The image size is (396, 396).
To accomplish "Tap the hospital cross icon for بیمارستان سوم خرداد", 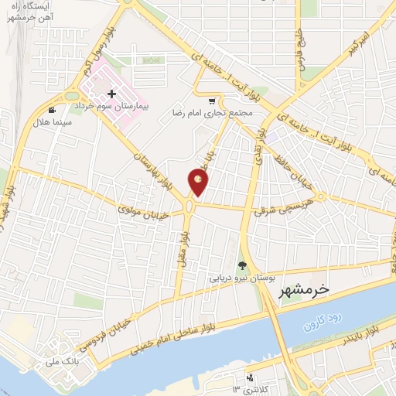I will coord(112,94).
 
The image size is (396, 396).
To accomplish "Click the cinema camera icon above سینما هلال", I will coord(52,111).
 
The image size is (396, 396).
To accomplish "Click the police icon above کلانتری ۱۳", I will coord(249,378).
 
